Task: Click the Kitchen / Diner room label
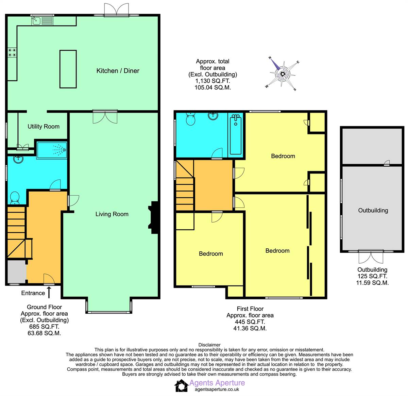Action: tap(118, 71)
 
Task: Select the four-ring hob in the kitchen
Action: tap(12, 52)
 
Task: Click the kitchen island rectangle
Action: tap(68, 69)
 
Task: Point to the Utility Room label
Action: tap(44, 127)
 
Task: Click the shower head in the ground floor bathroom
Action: tap(65, 150)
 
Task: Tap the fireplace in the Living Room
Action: tap(154, 217)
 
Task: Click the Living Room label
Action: tap(112, 214)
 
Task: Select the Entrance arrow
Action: tap(49, 292)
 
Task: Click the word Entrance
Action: tap(33, 293)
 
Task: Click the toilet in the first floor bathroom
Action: tap(191, 119)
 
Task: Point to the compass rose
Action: tap(282, 74)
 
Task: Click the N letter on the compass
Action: tap(270, 58)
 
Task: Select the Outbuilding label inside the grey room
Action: tap(373, 210)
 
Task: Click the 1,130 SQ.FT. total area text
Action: tap(213, 81)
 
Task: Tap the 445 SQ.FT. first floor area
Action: tap(250, 322)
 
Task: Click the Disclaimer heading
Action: tap(209, 345)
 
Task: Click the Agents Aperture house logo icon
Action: tap(181, 385)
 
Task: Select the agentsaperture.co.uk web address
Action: tap(217, 390)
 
